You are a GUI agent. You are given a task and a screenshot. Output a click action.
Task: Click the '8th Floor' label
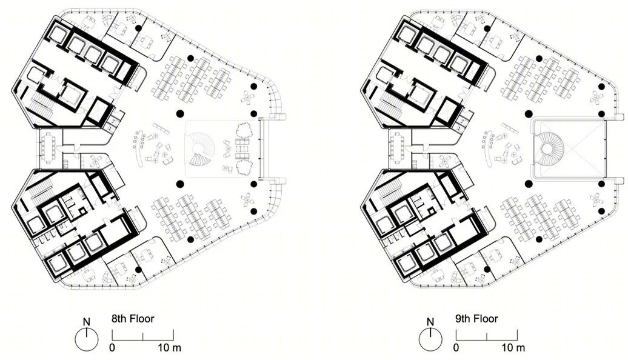132,319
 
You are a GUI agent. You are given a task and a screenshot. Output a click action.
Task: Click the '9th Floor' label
476,319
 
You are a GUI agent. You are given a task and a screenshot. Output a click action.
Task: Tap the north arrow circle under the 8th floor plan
86,339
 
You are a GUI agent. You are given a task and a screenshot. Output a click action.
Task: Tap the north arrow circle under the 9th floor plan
430,339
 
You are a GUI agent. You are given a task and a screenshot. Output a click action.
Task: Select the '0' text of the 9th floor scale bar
456,348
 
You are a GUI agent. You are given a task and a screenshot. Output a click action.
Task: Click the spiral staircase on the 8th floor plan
199,152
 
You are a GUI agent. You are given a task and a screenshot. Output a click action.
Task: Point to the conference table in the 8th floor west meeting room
48,148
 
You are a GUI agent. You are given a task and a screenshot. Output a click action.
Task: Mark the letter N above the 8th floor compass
86,322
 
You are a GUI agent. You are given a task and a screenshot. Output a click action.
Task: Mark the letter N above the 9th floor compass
430,322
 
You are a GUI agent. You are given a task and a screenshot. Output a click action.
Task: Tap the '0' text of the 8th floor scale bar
112,348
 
